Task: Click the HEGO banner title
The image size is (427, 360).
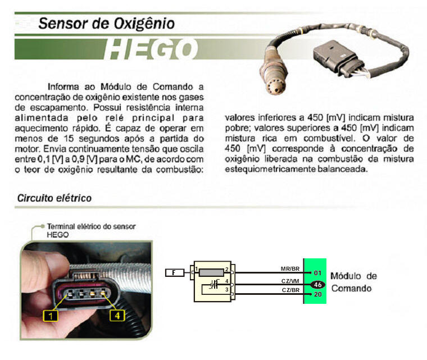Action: [151, 49]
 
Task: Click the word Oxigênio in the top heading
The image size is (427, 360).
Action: [144, 24]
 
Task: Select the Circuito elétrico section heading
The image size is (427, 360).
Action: [54, 198]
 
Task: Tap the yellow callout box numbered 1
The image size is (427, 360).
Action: [51, 316]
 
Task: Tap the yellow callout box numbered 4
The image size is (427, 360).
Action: [117, 315]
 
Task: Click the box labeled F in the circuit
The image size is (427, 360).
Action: [175, 272]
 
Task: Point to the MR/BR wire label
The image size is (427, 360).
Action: [290, 269]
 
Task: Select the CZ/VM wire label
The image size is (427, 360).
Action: [290, 281]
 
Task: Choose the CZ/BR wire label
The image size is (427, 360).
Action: [290, 290]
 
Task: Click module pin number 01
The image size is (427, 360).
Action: [317, 273]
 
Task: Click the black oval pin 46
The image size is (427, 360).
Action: [318, 285]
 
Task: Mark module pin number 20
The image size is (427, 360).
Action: [318, 294]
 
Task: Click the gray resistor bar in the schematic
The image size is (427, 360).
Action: [211, 272]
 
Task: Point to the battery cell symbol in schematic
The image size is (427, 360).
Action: [214, 285]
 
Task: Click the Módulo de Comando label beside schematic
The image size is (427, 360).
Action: [353, 282]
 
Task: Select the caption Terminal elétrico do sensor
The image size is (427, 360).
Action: [91, 226]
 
